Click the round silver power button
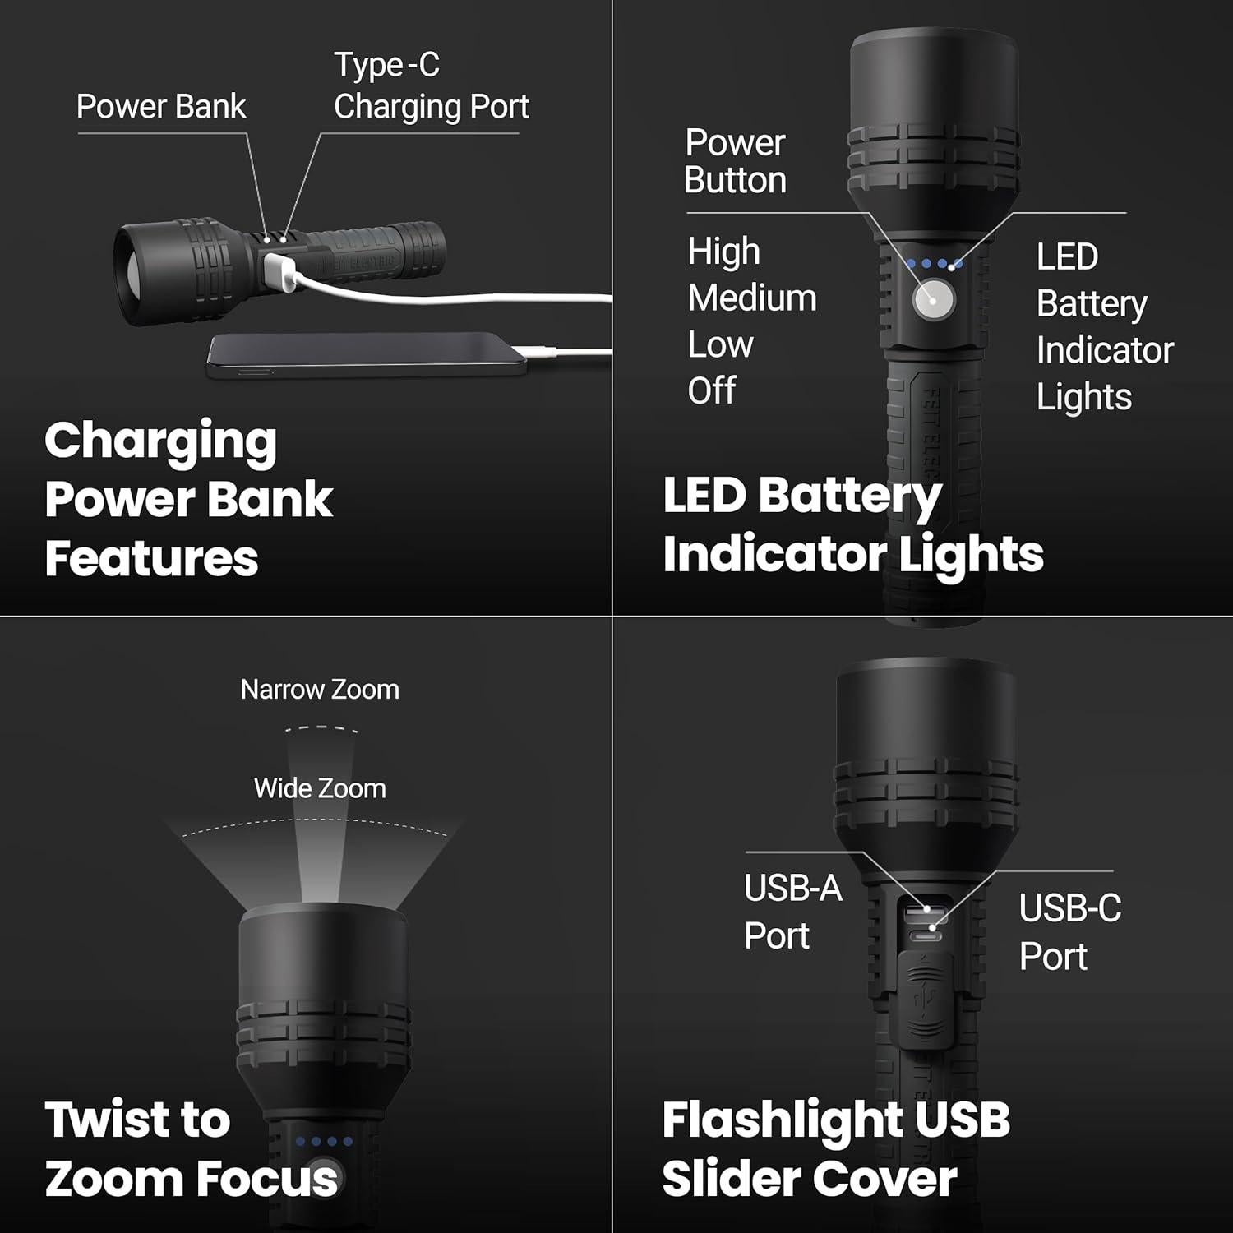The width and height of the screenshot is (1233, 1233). (934, 299)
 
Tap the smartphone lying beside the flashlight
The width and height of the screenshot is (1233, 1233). (366, 355)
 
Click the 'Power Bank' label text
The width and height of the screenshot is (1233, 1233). (161, 107)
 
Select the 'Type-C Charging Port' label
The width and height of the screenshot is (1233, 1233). (431, 86)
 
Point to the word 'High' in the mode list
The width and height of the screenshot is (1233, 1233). (723, 252)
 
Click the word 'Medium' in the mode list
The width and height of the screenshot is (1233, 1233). (752, 298)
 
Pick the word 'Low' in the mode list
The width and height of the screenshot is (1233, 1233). (720, 344)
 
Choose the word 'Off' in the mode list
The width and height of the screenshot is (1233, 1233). (712, 390)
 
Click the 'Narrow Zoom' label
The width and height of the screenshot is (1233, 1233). (320, 690)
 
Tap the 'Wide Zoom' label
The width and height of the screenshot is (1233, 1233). (320, 788)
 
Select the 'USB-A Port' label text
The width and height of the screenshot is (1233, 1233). (792, 912)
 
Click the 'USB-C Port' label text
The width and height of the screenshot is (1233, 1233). (1069, 932)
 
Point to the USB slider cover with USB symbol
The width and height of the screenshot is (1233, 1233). (926, 1000)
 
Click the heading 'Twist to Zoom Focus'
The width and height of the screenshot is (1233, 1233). (191, 1149)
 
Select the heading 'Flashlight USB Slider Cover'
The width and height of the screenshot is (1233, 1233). (835, 1149)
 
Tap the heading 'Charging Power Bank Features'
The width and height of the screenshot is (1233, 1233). (188, 499)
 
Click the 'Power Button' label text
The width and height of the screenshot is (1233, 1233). (735, 162)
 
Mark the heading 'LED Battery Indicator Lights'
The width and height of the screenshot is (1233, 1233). (852, 524)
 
